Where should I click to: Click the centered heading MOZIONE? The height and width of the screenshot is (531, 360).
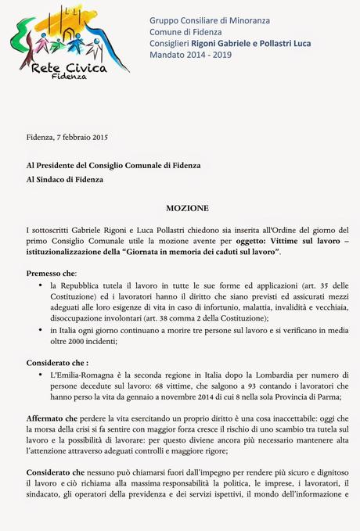187,210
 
